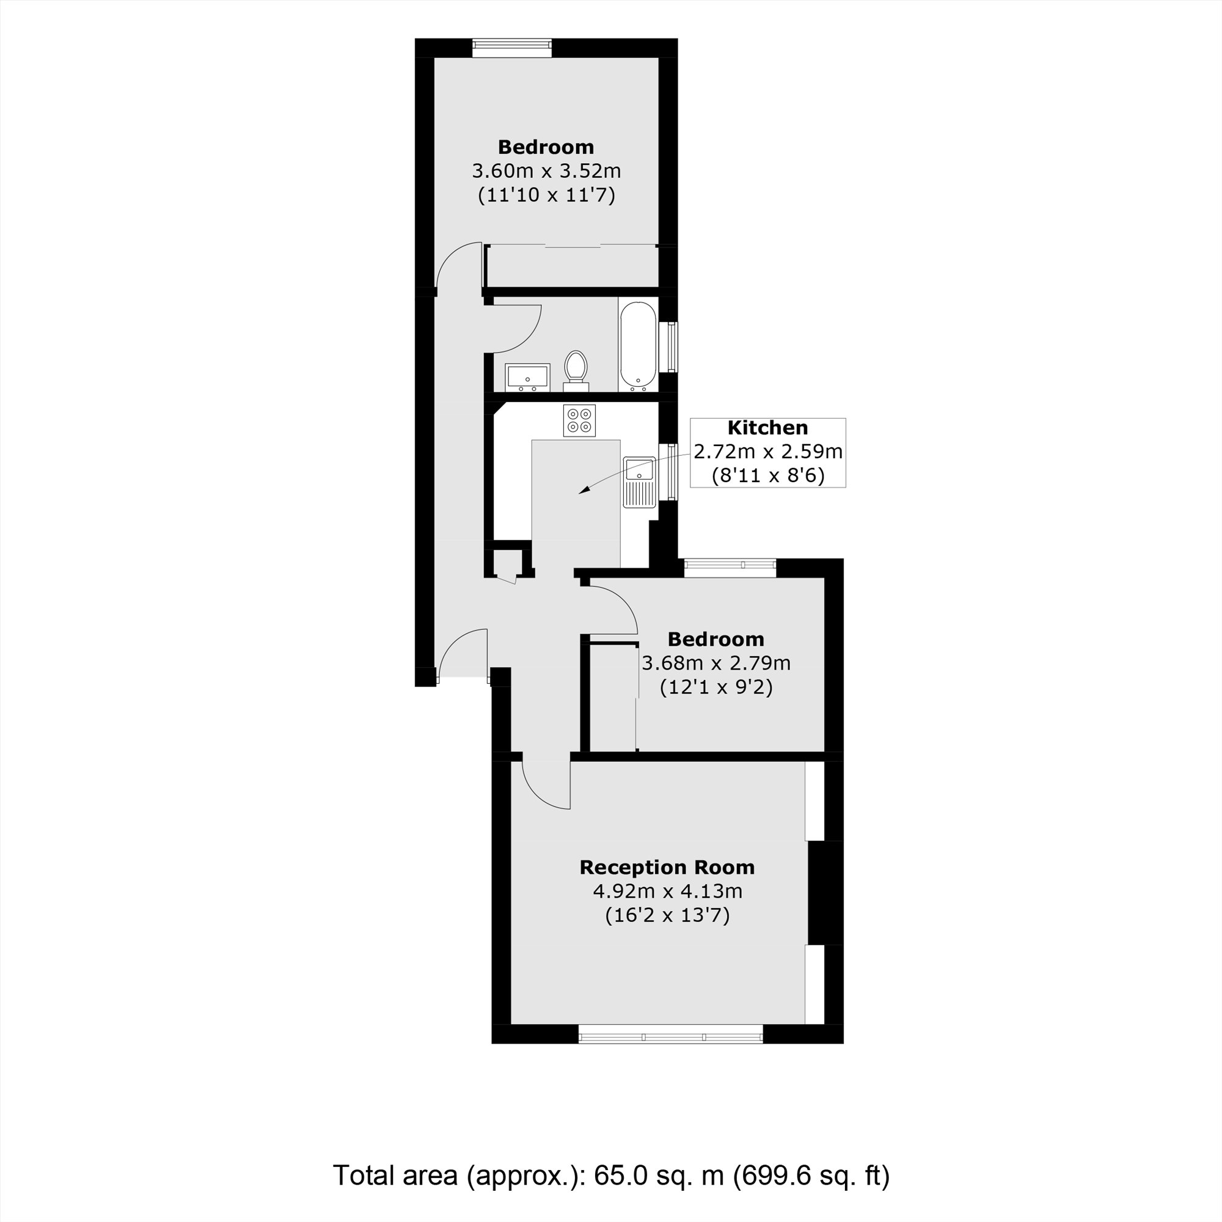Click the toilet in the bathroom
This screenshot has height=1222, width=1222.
pos(576,367)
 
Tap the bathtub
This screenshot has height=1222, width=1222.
pos(639,345)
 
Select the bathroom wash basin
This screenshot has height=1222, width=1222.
pos(527,377)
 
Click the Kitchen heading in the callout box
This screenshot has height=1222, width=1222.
pos(767,428)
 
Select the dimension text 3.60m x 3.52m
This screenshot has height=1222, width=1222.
pos(546,171)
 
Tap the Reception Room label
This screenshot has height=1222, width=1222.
pos(667,867)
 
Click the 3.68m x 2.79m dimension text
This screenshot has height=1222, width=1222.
pos(715,663)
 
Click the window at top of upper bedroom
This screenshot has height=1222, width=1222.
pos(511,48)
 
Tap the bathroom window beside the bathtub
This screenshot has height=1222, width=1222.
pos(668,346)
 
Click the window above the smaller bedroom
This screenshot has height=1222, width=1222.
pos(730,568)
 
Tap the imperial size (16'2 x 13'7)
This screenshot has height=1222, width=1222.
pos(667,915)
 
